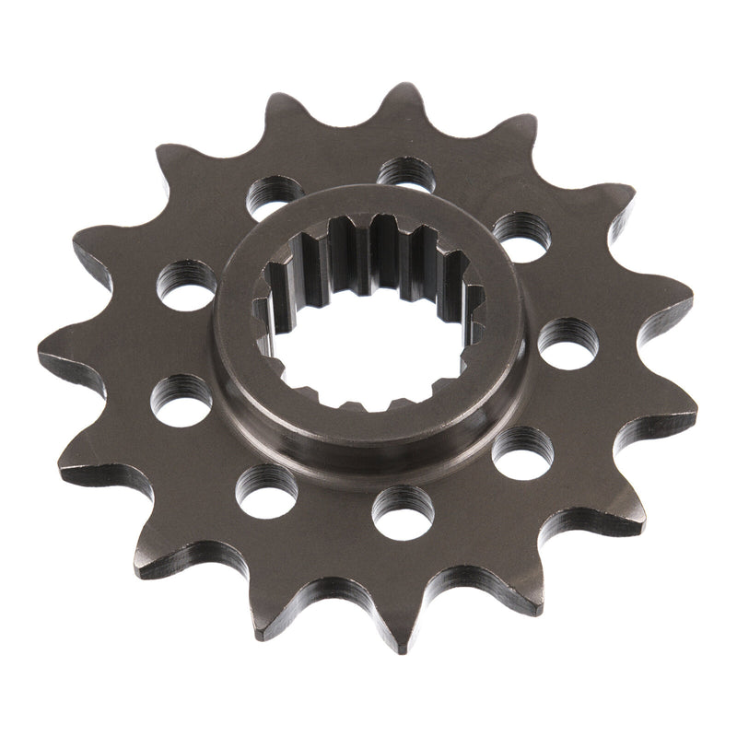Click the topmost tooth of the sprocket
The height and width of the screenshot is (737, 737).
[x=403, y=97]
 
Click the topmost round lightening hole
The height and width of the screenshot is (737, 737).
[x=406, y=172]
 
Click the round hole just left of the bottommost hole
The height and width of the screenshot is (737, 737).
[x=267, y=485]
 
